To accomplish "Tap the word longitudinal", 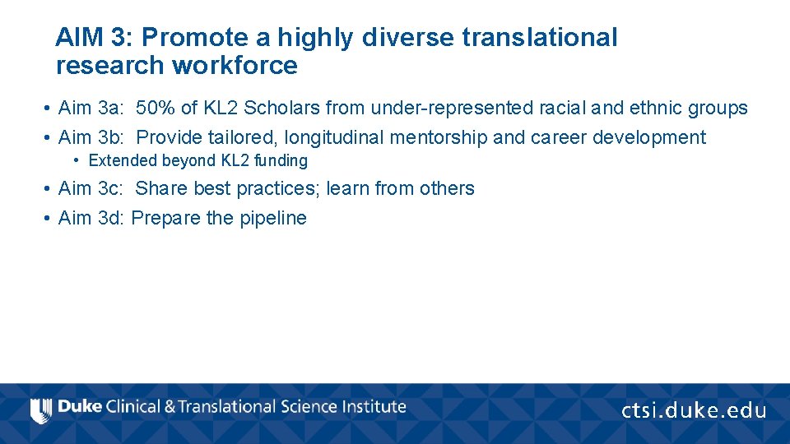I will (332, 137).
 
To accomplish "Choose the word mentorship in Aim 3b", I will (436, 137).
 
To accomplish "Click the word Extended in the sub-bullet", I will (122, 161).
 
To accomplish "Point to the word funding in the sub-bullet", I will (281, 161).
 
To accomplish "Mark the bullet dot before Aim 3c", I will (49, 189).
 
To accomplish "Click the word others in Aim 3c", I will (447, 188).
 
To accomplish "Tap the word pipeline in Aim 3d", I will (273, 219).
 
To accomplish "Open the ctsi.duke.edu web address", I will (693, 410).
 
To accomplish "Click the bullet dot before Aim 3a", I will (49, 109).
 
